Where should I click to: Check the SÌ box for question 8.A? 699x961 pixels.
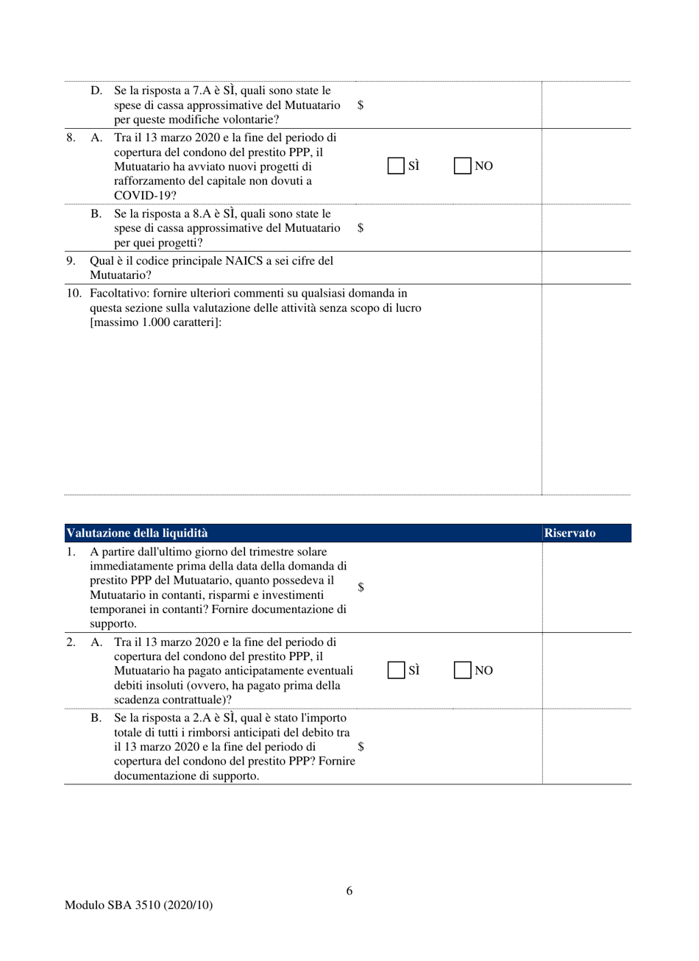click(397, 166)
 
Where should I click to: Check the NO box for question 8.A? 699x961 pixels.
click(463, 166)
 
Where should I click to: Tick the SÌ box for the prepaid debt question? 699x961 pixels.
click(397, 670)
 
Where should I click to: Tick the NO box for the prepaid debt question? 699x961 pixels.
click(463, 670)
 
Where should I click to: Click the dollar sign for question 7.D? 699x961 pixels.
click(361, 105)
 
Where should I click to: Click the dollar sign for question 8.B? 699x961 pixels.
click(361, 228)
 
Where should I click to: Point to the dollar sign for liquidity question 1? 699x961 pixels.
click(361, 586)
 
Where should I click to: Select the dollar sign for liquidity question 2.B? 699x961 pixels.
click(361, 745)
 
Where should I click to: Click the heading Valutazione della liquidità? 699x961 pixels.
click(137, 533)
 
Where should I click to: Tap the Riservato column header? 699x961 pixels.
click(570, 533)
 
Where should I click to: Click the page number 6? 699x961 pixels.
click(349, 891)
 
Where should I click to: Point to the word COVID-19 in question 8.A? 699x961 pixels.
click(140, 195)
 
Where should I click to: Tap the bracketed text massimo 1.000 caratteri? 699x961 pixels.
click(155, 322)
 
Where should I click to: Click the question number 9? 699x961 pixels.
click(71, 260)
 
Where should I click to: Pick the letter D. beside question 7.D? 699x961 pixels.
click(96, 91)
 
